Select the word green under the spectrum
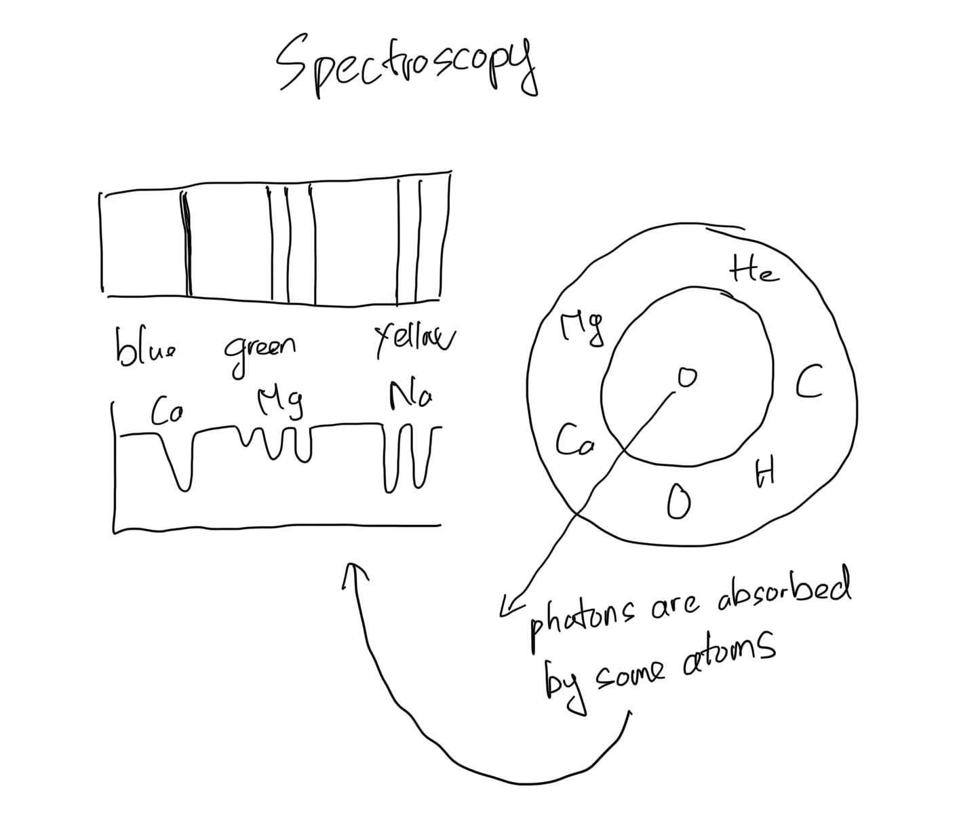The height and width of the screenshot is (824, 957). (x=260, y=351)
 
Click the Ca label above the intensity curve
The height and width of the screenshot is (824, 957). (x=166, y=411)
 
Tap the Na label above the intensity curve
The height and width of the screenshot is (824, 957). (x=410, y=396)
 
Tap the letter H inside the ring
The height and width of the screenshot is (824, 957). (x=765, y=472)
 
